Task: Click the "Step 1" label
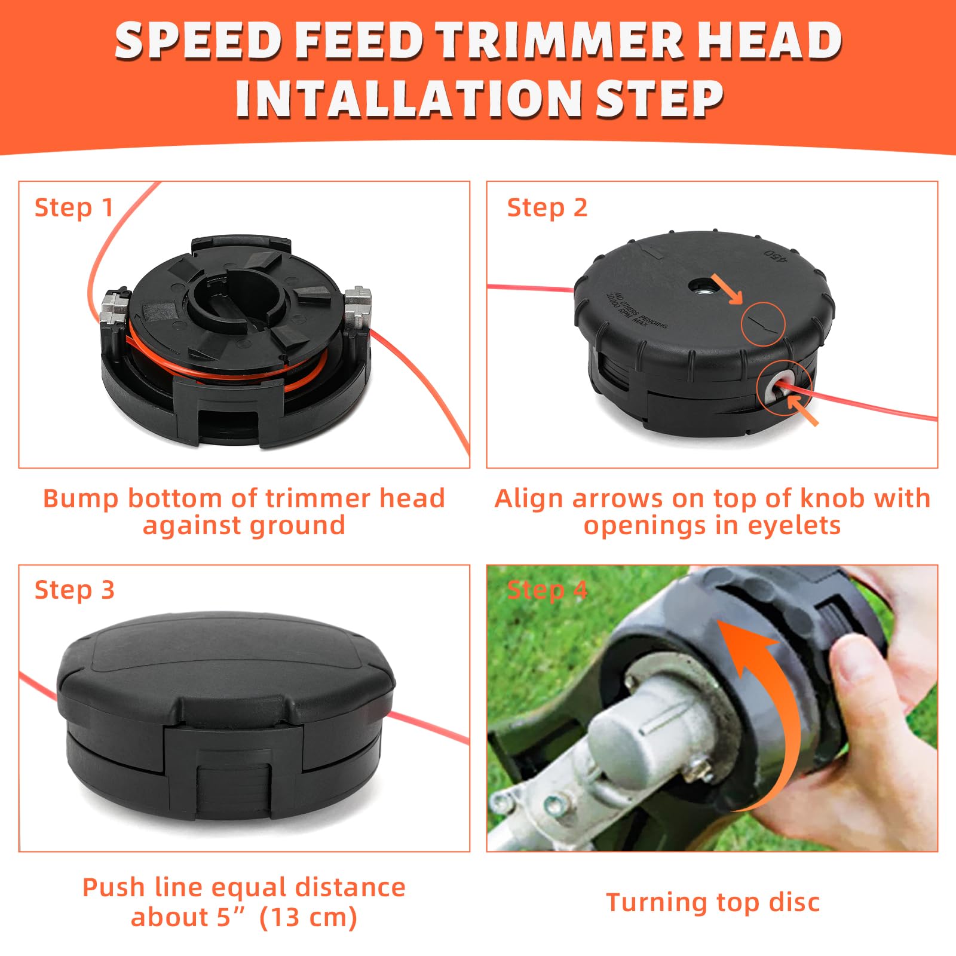(73, 208)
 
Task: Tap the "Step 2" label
(547, 208)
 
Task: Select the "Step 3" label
(74, 590)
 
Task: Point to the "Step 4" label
(547, 590)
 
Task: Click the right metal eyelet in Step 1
(358, 307)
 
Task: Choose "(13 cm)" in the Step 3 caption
(308, 917)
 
